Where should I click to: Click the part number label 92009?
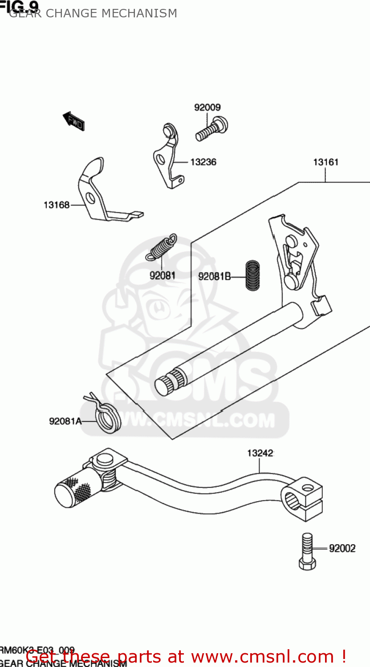pos(207,108)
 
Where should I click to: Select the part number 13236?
pos(203,162)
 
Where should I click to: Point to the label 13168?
pos(57,205)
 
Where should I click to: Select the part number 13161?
pos(325,162)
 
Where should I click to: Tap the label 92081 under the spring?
pos(162,276)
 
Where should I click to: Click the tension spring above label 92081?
pos(162,247)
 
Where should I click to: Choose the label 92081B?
pos(214,277)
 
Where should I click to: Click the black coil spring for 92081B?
pos(252,276)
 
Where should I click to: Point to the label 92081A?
pos(65,421)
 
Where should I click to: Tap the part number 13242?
pos(260,453)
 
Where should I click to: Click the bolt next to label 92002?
pos(307,551)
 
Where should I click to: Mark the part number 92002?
pos(342,549)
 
